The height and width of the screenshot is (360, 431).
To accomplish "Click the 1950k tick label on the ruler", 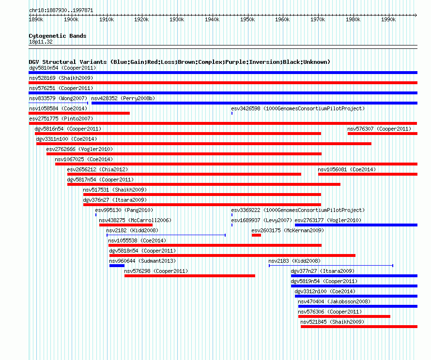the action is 247,19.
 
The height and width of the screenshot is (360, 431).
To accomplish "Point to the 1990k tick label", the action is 388,19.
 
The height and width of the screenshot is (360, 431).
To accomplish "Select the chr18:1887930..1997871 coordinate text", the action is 61,11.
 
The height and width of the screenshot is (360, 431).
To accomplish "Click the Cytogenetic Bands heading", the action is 58,36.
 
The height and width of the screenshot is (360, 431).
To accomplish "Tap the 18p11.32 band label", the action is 41,42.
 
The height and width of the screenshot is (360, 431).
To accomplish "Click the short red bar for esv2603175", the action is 256,235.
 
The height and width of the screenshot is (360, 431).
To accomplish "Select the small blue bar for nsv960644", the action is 117,266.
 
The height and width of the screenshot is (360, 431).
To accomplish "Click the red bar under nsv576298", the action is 190,276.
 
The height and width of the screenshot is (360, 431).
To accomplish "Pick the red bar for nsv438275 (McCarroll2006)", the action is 126,225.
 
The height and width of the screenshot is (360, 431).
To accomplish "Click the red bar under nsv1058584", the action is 79,113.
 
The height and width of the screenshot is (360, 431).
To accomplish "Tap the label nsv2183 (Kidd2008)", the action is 294,261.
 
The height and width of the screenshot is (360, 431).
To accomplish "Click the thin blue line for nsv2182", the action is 166,235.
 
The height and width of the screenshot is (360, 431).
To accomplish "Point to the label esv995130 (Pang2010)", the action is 124,210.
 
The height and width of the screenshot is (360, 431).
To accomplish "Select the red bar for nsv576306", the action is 344,316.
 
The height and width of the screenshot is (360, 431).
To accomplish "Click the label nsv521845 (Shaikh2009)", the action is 332,322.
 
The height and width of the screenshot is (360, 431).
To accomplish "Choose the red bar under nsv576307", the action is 383,134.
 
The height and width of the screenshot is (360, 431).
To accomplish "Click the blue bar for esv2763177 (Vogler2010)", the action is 356,225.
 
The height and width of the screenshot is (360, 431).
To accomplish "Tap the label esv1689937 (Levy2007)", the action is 262,220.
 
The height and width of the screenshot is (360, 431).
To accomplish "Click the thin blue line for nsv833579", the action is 58,103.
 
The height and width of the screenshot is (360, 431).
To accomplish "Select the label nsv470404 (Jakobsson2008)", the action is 334,301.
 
